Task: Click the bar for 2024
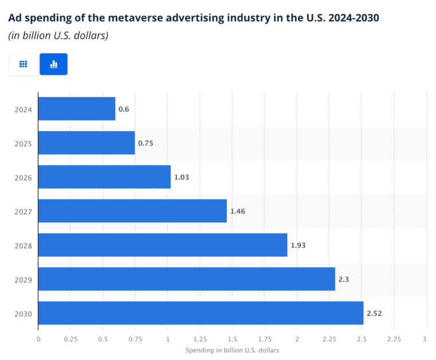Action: click(x=77, y=109)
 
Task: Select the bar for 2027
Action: click(x=132, y=211)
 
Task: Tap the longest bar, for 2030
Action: click(x=201, y=313)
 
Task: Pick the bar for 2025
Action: click(x=87, y=143)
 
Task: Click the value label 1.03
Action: click(x=182, y=177)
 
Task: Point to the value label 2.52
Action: click(x=374, y=313)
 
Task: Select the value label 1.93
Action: click(x=298, y=245)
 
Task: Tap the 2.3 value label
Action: click(x=344, y=279)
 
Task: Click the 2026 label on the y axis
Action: click(x=23, y=177)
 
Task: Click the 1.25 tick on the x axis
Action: click(x=200, y=339)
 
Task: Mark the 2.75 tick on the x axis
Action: click(x=394, y=339)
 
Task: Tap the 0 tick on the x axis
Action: click(x=38, y=339)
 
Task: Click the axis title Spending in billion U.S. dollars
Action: click(x=232, y=350)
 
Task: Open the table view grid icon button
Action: click(x=23, y=64)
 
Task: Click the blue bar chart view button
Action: click(x=53, y=64)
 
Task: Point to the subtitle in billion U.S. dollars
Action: click(x=58, y=36)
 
